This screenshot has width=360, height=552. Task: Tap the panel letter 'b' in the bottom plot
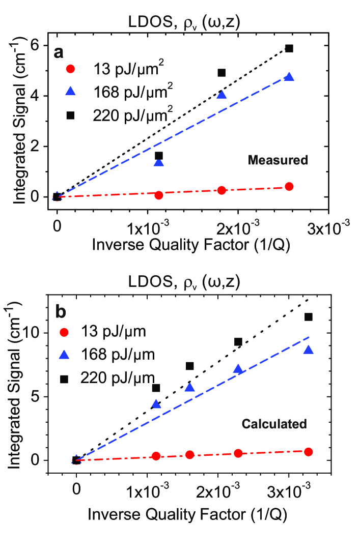(61, 310)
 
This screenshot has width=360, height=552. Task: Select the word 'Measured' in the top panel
(278, 160)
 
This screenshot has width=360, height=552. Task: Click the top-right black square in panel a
(289, 48)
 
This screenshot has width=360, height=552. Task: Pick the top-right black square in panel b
(308, 317)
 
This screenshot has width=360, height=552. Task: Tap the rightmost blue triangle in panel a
(289, 77)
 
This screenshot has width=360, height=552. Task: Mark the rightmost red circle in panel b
(308, 452)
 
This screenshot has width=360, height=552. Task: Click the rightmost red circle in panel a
(289, 186)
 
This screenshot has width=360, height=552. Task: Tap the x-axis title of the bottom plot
(187, 515)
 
